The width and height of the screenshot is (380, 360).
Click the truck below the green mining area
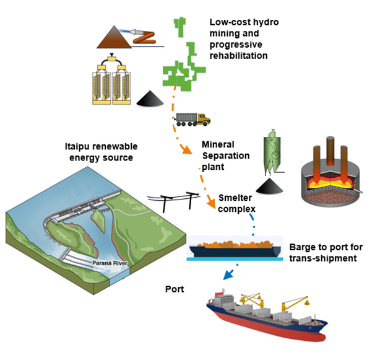click(192, 118)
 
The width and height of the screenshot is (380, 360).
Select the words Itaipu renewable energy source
click(101, 152)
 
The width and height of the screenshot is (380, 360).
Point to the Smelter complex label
click(237, 204)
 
